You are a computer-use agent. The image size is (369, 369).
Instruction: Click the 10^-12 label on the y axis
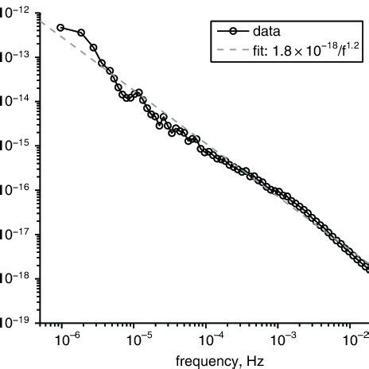pos(11,10)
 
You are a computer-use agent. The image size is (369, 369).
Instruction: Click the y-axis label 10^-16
pos(11,189)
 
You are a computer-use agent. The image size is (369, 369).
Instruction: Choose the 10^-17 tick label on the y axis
pos(11,234)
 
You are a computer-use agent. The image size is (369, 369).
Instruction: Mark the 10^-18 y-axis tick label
pos(11,278)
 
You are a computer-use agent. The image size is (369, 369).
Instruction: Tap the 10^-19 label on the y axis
pos(11,323)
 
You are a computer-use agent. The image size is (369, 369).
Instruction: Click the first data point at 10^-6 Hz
pos(60,28)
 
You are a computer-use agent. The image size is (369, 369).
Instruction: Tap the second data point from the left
pos(81,33)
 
